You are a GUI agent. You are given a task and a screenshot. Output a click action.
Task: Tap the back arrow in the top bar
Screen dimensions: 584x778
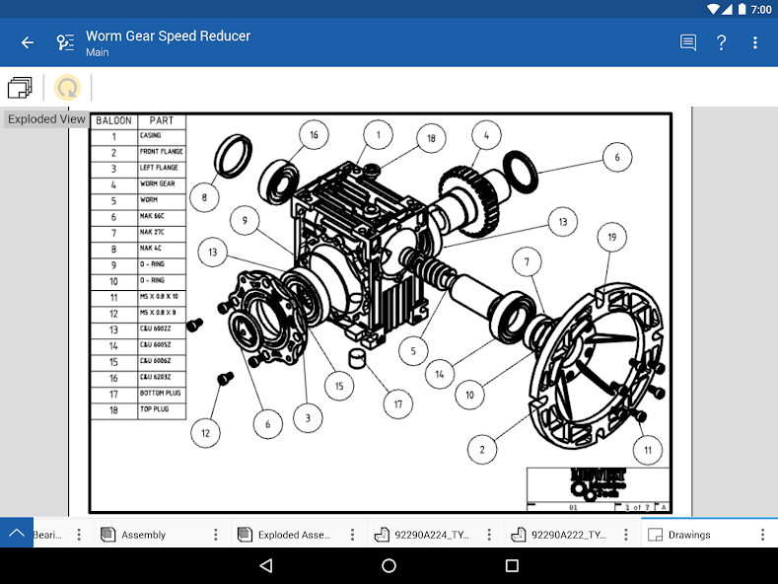[28, 42]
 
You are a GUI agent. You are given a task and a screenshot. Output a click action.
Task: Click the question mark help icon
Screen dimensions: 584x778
[721, 42]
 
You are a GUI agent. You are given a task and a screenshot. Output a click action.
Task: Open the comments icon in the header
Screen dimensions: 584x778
[687, 42]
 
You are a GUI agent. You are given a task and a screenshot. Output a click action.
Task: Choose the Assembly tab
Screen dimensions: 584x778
[143, 535]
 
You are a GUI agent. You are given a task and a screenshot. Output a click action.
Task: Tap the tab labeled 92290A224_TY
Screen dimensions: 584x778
[431, 535]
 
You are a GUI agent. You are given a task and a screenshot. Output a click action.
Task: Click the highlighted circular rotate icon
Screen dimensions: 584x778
[67, 88]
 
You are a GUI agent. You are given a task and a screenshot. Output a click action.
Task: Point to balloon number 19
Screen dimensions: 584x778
[611, 237]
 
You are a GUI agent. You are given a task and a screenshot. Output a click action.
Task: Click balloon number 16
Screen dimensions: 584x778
[313, 135]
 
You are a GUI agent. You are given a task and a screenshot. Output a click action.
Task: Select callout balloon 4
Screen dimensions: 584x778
[484, 134]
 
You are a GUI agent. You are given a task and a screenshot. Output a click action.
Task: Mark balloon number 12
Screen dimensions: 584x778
[205, 432]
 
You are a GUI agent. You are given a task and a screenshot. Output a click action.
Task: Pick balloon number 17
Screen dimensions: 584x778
[397, 403]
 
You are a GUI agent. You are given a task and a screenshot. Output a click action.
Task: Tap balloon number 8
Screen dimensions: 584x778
[204, 197]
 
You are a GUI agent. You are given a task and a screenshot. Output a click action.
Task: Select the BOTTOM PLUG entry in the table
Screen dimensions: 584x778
[159, 394]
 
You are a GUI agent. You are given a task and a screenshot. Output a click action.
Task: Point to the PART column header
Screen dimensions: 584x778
[161, 120]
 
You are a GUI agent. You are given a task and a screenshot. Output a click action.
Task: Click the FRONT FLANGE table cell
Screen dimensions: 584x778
[159, 152]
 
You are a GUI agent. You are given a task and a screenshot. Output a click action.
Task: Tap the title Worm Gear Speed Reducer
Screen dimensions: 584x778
[168, 36]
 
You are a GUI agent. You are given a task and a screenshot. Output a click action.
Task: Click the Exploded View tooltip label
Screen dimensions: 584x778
[46, 118]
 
